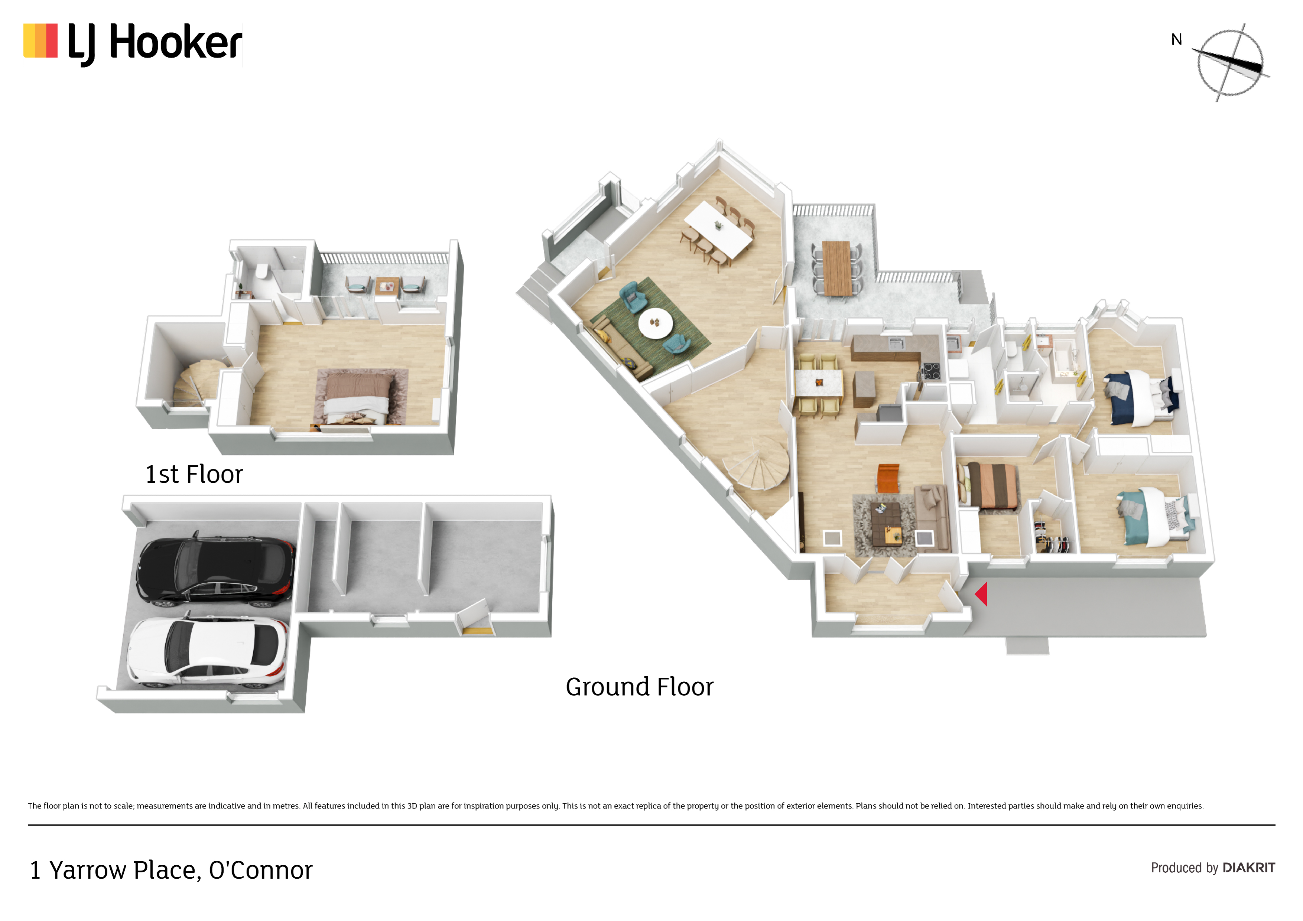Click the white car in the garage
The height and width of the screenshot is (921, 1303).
point(207,651)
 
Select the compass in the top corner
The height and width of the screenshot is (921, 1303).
point(1230,62)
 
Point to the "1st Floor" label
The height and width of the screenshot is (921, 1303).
point(194,474)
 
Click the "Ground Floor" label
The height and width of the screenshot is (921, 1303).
point(640,687)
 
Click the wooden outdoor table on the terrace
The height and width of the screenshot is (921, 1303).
point(836,269)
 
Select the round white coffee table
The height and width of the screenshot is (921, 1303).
point(656,323)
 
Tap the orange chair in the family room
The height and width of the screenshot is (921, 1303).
point(888,478)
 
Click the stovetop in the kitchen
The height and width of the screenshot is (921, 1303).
point(931,372)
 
